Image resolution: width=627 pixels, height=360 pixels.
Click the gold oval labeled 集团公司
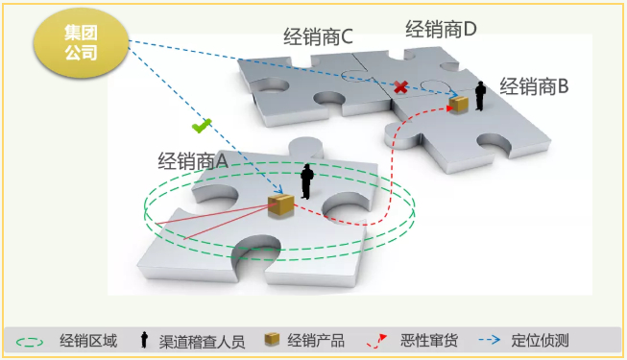point(82,43)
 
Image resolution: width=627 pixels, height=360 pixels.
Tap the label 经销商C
point(318,37)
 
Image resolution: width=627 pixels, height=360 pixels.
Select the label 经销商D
point(441,29)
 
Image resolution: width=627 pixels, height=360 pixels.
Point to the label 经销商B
point(534,86)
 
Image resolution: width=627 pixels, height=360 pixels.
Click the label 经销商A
point(193,161)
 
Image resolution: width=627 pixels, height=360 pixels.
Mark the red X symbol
point(400,86)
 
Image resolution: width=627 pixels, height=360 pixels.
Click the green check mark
point(202,126)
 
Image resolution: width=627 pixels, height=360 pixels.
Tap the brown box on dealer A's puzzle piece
point(281,204)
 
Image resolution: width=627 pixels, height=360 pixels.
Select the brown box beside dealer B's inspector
point(459,104)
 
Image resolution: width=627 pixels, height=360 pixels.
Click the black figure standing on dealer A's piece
point(307,181)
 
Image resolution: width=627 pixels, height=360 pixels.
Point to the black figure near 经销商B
point(480,96)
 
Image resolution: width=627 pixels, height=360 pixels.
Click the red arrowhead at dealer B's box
point(449,108)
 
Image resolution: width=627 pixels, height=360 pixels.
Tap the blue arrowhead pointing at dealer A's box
point(279,190)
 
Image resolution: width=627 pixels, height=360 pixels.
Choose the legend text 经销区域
point(88,341)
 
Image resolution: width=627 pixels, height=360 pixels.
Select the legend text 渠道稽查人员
point(202,342)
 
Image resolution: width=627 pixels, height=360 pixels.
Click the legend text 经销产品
point(316,341)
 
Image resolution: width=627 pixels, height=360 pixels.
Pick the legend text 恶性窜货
point(429,341)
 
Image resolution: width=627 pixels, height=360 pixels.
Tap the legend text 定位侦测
point(540,341)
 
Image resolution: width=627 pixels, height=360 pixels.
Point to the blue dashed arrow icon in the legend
point(490,340)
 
